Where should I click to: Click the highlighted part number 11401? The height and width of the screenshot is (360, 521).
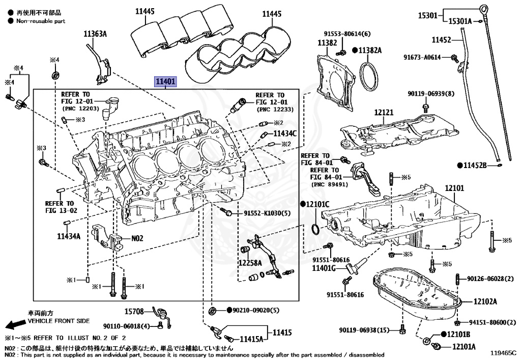coord(166,81)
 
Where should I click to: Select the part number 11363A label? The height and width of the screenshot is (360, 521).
coord(96,34)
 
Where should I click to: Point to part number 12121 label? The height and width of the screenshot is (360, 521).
coord(385,112)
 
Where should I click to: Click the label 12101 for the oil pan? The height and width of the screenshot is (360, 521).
coord(454,188)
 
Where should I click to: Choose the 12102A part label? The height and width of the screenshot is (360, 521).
coord(485,301)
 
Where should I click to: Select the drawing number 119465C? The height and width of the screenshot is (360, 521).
coord(503,352)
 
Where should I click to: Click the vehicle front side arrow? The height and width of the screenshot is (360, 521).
coord(14,324)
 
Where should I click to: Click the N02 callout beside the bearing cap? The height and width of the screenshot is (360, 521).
coord(137,238)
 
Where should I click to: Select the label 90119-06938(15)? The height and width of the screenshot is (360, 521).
coord(365,330)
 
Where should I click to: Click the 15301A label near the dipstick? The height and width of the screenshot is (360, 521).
coord(460,21)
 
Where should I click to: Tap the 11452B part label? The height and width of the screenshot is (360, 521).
coord(478,165)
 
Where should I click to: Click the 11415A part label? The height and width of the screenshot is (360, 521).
coord(251,339)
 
